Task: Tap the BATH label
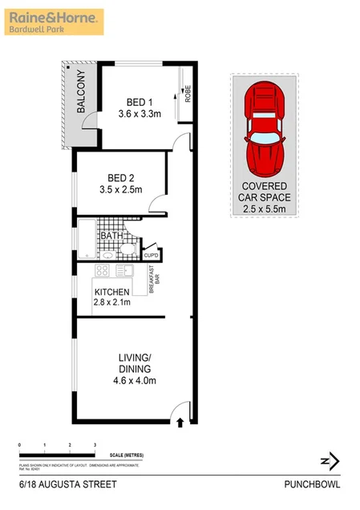coord(111,236)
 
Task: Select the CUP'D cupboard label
coord(151,256)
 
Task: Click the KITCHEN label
coord(112,290)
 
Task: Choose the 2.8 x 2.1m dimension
coord(112,302)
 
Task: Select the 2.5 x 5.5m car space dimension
coord(266,210)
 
